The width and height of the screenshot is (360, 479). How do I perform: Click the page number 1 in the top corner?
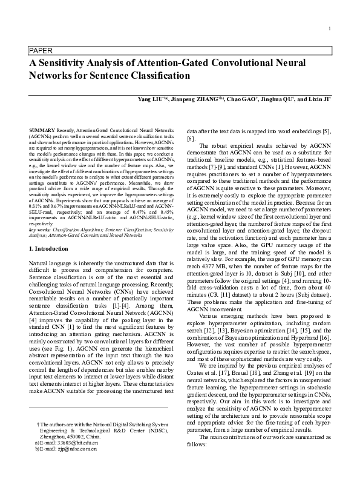click(329, 29)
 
